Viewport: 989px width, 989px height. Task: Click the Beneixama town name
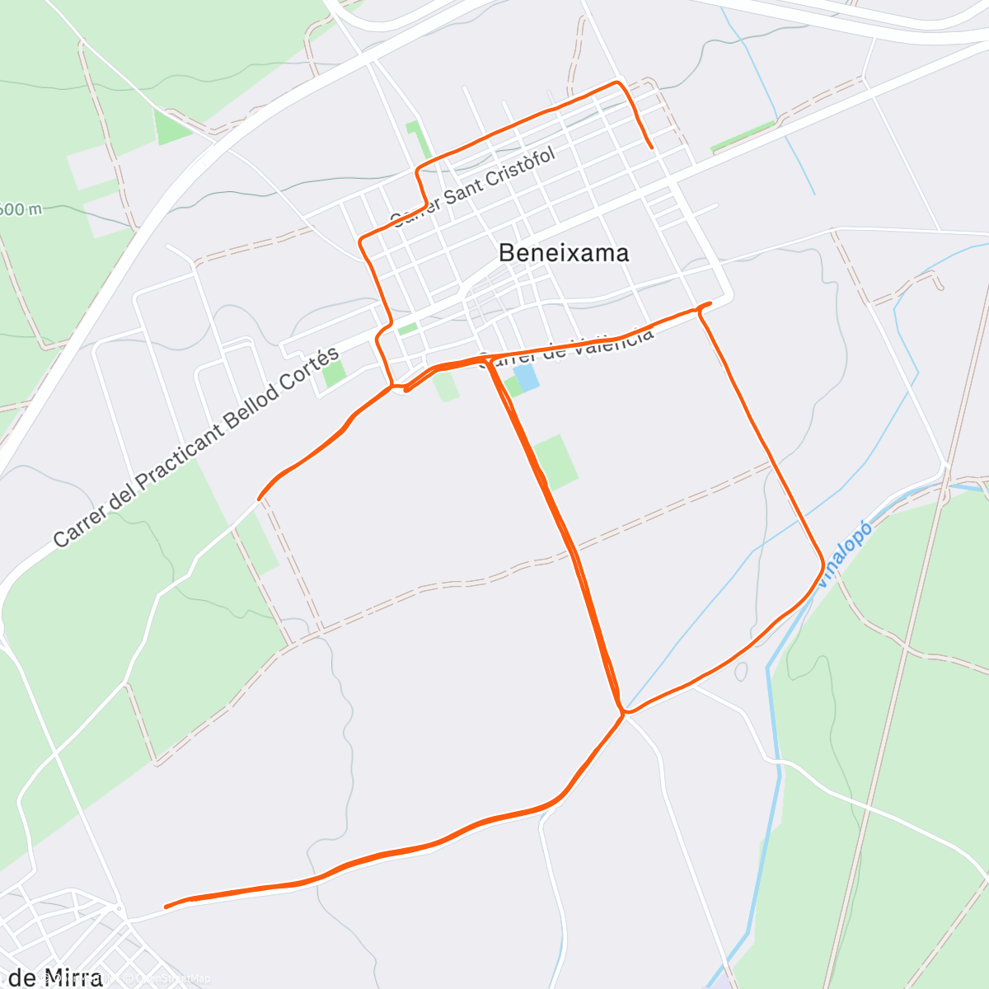564,253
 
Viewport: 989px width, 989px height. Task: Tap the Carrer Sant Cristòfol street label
472,187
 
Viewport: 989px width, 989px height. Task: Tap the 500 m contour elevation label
20,209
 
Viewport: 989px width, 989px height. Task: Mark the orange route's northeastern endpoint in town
652,148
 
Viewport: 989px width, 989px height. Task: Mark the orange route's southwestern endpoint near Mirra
166,907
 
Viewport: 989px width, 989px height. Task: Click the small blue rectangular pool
526,378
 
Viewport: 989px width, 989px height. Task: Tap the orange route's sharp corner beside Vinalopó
822,565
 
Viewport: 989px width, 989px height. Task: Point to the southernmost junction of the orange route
624,712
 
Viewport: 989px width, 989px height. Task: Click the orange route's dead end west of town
260,499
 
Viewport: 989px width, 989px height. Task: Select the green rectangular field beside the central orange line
555,462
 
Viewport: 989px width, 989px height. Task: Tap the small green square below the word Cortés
334,373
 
